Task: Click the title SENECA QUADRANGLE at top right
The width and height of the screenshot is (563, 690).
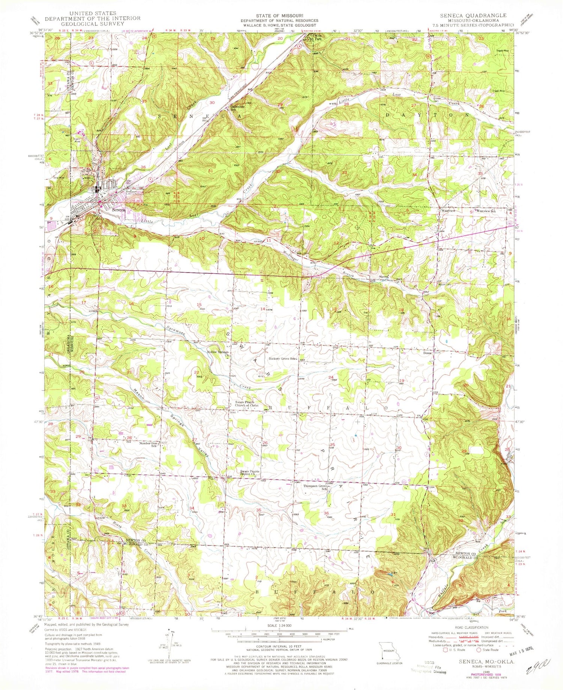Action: (x=474, y=15)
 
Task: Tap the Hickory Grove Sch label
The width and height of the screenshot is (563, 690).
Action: (x=283, y=359)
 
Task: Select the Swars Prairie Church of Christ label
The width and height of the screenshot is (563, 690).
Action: (x=247, y=404)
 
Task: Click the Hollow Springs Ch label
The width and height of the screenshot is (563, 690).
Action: (x=218, y=353)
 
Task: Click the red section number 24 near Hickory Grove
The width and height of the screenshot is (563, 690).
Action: (x=331, y=377)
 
